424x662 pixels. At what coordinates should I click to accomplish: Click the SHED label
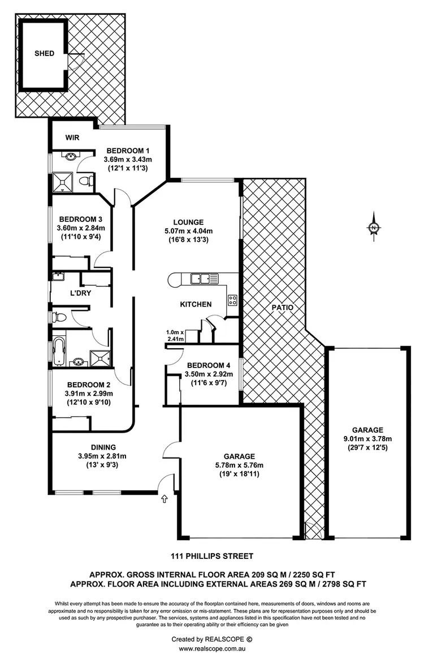pos(45,53)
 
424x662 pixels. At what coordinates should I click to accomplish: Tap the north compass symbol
pos(374,228)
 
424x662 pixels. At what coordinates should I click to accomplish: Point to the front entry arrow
pos(165,499)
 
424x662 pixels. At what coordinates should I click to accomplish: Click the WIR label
pos(72,137)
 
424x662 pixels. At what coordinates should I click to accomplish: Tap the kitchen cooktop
pos(232,300)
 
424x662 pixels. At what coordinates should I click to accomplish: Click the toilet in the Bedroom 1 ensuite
pos(85,181)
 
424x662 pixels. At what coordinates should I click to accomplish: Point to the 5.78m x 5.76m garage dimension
pos(239,465)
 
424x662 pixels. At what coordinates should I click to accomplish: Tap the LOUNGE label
pos(189,222)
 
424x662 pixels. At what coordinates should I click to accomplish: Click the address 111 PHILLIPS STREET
pos(212,556)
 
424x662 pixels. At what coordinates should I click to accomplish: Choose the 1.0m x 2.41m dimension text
pos(175,336)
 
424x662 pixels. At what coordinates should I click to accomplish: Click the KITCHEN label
pos(196,304)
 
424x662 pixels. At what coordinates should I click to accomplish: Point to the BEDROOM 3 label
pos(81,219)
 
